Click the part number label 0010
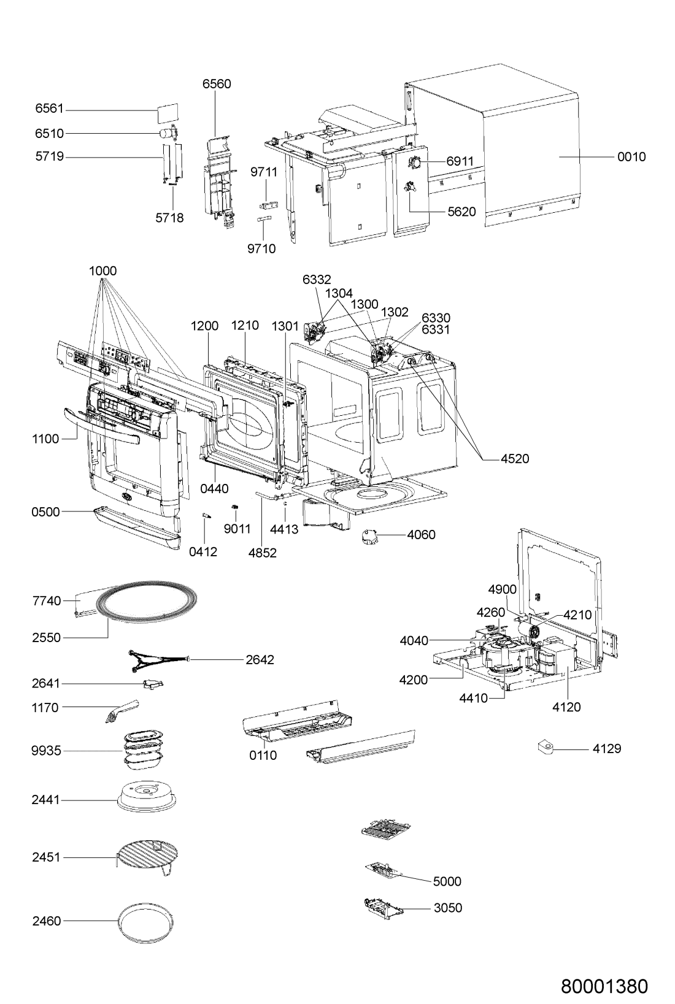[631, 157]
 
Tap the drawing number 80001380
[604, 986]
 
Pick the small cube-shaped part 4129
[545, 747]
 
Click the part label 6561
[49, 109]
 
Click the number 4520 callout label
[515, 459]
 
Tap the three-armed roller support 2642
[159, 660]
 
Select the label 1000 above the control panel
[102, 271]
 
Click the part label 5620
[461, 212]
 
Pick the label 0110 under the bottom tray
[263, 755]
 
